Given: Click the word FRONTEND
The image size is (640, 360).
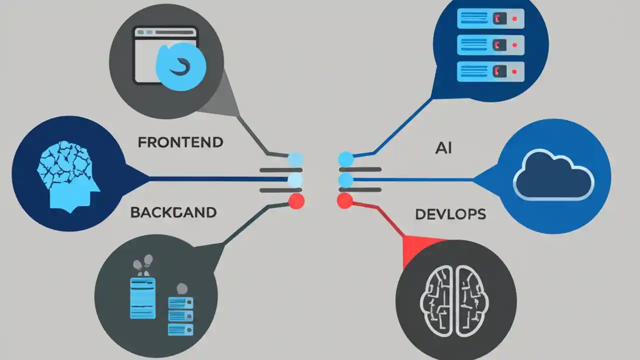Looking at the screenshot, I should click(x=180, y=142).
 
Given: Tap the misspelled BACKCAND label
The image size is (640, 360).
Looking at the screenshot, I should click(x=173, y=212).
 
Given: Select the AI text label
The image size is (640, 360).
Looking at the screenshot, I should click(x=443, y=148).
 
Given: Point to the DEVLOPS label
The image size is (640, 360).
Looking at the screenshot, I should click(x=450, y=214).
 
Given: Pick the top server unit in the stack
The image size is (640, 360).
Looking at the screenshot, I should click(x=490, y=18).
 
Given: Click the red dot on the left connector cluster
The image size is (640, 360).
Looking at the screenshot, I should click(x=296, y=201).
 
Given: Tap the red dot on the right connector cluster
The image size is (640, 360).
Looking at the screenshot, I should click(x=345, y=201).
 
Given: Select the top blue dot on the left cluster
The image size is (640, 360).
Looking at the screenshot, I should click(x=295, y=159).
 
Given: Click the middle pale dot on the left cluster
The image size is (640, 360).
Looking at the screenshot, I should click(x=295, y=180).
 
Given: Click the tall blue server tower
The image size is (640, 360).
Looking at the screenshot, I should click(x=142, y=298).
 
